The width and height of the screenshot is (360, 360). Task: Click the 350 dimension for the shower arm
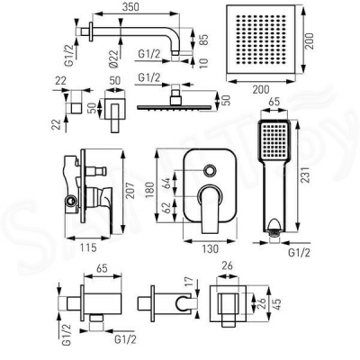pyautogui.click(x=130, y=6)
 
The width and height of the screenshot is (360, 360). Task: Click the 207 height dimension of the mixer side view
pyautogui.click(x=130, y=190)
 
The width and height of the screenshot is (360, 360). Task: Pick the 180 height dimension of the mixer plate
pyautogui.click(x=151, y=188)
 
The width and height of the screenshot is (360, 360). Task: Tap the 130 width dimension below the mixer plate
pyautogui.click(x=210, y=248)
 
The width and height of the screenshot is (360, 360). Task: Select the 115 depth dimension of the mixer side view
pyautogui.click(x=88, y=247)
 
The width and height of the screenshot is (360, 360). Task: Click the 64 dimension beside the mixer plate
pyautogui.click(x=166, y=184)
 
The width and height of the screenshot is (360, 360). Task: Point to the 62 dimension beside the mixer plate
pyautogui.click(x=166, y=207)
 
